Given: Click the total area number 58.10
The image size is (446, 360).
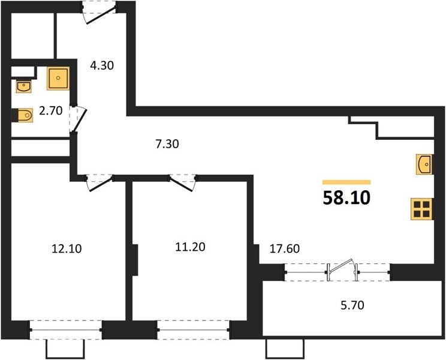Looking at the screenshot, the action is (346, 198).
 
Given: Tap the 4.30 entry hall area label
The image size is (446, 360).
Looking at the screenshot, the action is (102, 65).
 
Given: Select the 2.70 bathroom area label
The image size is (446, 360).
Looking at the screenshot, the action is (50, 110).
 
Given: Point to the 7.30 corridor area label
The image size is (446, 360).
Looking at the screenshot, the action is (167, 144).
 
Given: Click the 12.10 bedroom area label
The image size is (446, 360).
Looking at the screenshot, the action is (67, 248).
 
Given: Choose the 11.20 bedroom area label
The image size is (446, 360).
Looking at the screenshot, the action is (190, 247).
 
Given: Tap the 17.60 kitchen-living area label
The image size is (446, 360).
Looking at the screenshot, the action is (284, 248).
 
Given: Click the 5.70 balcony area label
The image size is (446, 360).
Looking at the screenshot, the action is (352, 305).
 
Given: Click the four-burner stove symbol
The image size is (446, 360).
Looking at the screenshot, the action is (421, 209).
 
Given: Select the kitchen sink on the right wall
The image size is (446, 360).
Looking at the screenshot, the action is (424, 164).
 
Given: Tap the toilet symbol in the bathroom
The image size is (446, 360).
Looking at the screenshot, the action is (25, 115).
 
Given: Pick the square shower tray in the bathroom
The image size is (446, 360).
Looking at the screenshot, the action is (58, 78).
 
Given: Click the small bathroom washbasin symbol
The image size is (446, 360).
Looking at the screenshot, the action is (24, 87).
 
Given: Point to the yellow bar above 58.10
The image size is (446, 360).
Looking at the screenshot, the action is (346, 182).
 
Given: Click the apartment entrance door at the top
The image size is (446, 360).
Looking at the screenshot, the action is (99, 12).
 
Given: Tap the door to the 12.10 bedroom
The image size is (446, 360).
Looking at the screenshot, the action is (100, 183).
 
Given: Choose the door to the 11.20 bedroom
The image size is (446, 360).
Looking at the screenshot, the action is (183, 183).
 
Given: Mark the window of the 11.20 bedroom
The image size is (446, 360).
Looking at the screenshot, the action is (193, 330).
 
